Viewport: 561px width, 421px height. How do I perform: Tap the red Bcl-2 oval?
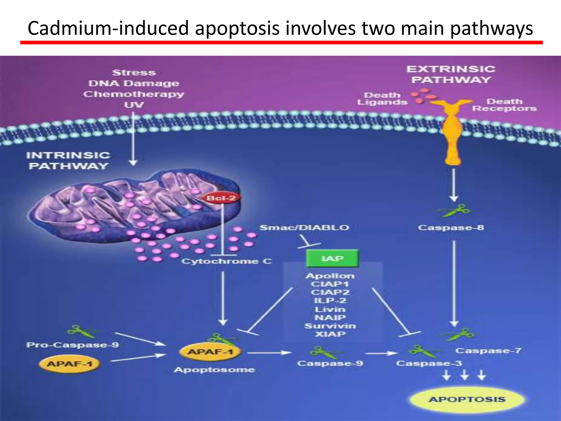[x=221, y=198]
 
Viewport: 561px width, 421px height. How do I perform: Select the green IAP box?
[x=332, y=258]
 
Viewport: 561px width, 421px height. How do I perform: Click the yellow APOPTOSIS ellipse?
[x=467, y=399]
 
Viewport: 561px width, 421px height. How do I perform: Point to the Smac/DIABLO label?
[x=304, y=227]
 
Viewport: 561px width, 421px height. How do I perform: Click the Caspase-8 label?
[x=451, y=227]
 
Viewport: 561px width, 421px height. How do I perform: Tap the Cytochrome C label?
[x=227, y=261]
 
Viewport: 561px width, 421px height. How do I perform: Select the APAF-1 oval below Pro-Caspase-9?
[x=69, y=364]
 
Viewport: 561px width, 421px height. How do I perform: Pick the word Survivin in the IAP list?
[x=330, y=326]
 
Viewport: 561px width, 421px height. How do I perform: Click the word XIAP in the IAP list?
[x=330, y=334]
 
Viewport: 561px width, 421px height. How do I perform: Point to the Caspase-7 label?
[x=488, y=351]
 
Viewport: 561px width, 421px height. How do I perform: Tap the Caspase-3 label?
[x=429, y=363]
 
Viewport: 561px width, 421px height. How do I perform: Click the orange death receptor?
[x=453, y=132]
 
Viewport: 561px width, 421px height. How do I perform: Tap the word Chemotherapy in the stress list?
[x=134, y=94]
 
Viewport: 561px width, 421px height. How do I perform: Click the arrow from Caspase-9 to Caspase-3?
[x=381, y=353]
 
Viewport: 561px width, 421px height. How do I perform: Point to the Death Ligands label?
[x=382, y=99]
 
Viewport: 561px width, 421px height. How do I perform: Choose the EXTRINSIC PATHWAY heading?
[x=451, y=74]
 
